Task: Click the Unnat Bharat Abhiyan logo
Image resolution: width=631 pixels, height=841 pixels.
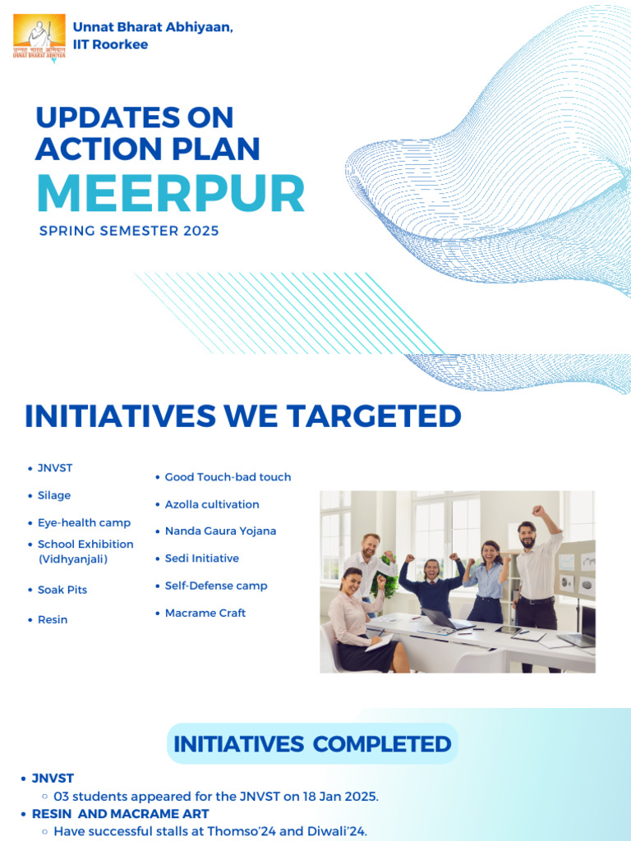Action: point(39,37)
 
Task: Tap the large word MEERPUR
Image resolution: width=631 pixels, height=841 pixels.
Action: point(170,194)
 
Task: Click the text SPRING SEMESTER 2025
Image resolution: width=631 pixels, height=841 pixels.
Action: point(129,232)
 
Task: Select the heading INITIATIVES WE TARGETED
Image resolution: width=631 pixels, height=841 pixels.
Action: point(242,416)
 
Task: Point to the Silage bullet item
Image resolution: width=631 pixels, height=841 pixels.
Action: point(54,496)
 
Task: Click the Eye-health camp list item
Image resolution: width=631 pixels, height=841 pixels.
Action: point(84,523)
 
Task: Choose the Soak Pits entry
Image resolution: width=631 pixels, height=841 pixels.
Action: point(62,591)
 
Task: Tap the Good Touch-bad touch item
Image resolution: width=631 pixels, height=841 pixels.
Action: point(228,477)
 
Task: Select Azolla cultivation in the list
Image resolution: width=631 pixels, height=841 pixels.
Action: point(212,504)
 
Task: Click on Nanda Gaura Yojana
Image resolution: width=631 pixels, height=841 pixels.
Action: point(220,531)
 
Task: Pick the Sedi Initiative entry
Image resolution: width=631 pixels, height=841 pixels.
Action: point(202,558)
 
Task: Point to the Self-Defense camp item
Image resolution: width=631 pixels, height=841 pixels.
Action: point(216,586)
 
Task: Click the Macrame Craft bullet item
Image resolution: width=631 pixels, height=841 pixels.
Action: point(205,614)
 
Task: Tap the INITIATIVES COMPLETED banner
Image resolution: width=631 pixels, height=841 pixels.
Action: point(312,744)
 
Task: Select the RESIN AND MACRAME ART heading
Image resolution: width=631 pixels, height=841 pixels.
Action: point(120,814)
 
